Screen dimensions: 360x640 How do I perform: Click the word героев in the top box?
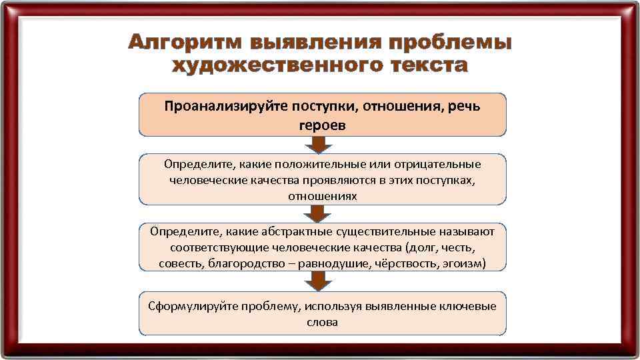coord(323,125)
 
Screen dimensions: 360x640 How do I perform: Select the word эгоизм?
coord(465,264)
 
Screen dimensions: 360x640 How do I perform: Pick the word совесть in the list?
coord(181,264)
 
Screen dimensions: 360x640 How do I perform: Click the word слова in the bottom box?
coord(322,322)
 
